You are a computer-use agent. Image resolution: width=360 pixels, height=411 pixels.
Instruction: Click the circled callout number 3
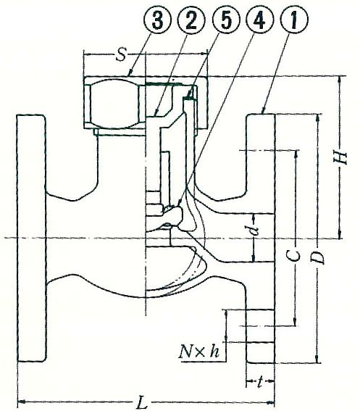tap(157, 20)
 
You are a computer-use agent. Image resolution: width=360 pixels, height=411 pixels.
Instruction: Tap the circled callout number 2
tap(191, 20)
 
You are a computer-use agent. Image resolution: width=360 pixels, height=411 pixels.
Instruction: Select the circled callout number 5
tap(225, 20)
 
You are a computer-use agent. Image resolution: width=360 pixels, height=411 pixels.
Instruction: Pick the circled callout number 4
tap(259, 20)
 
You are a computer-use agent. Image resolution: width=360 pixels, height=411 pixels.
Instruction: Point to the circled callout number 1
tap(294, 20)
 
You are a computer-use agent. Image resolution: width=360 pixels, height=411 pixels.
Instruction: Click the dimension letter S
tap(121, 55)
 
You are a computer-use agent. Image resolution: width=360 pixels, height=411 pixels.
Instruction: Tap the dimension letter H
tap(341, 157)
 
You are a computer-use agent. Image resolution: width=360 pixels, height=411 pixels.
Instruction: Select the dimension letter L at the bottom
tap(143, 402)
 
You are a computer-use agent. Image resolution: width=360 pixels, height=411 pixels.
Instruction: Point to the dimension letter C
tap(296, 256)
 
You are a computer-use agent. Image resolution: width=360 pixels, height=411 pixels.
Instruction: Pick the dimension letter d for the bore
tap(254, 228)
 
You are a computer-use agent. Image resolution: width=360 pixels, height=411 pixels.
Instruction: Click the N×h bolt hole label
tap(199, 352)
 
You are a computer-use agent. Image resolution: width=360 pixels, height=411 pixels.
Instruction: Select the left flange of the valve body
tap(31, 238)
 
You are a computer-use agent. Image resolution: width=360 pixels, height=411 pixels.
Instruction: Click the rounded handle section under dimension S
tap(114, 103)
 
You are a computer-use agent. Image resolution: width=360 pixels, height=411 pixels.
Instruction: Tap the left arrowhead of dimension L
tap(22, 402)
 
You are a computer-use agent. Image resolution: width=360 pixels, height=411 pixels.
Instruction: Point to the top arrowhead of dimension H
tap(340, 80)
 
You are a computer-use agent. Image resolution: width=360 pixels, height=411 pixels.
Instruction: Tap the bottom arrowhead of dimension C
tap(296, 323)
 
